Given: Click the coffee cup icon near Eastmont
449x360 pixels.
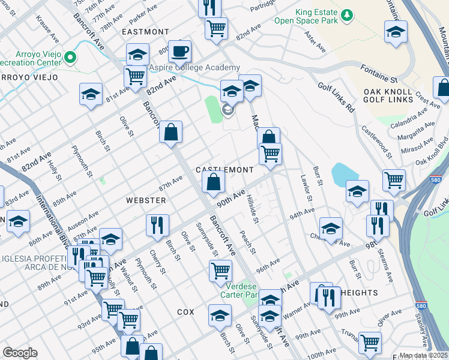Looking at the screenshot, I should (179, 52).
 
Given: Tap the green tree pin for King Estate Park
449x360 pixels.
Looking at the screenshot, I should (346, 14).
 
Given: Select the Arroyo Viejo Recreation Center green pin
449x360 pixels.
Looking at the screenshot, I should (71, 58).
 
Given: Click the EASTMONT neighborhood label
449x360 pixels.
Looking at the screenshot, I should (145, 31).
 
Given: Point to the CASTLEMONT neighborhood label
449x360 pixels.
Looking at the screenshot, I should (225, 170).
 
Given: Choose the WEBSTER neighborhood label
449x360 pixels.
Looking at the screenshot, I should (145, 199).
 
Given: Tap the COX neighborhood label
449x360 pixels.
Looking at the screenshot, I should (186, 312).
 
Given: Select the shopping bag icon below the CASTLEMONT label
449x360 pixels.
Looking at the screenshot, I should (213, 181).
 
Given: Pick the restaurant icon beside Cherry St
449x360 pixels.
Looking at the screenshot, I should (157, 226).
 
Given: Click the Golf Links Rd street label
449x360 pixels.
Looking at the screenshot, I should (336, 98).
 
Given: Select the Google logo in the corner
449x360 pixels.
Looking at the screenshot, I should (20, 352).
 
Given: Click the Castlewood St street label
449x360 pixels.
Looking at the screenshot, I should (376, 142).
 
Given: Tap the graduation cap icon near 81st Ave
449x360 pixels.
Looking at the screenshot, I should (91, 94).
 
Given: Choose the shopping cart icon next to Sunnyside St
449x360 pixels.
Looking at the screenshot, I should (220, 271).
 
